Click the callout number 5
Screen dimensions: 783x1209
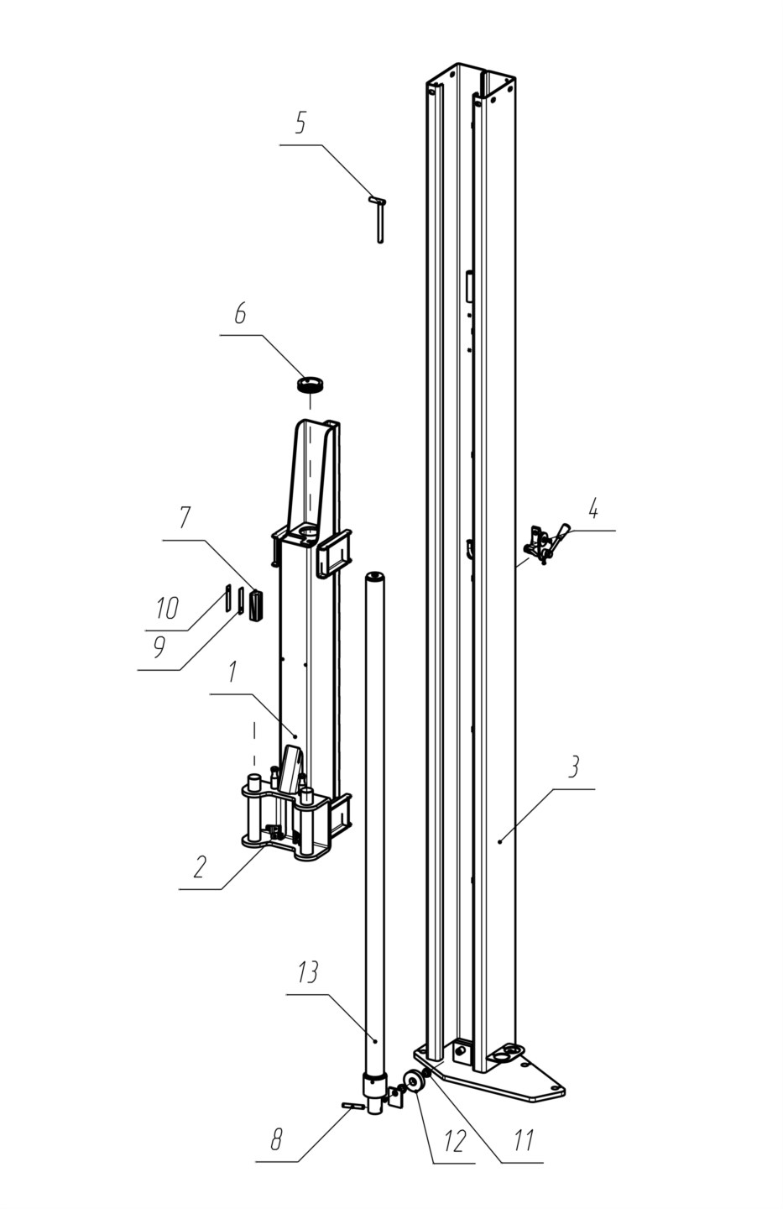coord(300,123)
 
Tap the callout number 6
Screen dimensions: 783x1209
coord(240,314)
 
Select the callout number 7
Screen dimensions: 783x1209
coord(185,518)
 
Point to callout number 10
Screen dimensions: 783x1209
coord(167,608)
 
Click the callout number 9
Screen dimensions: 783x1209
coord(159,647)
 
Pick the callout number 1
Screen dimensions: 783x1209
coord(232,673)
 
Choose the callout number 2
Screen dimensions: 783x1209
coord(201,866)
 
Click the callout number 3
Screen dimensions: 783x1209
coord(574,767)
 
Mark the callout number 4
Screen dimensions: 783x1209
coord(593,509)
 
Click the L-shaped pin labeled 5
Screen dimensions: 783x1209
coord(379,219)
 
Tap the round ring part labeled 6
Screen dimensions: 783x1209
coord(311,385)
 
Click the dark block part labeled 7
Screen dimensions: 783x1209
coord(256,606)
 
